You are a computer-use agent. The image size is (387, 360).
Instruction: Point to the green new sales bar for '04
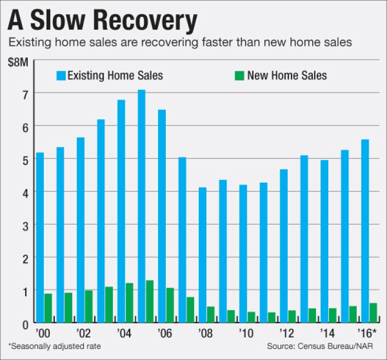pos(129,303)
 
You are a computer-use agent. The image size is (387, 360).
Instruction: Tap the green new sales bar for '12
pos(291,317)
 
